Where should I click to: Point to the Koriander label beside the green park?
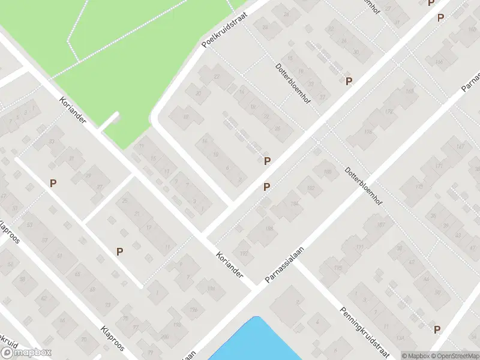coord(73,111)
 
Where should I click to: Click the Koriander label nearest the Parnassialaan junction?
coord(230,263)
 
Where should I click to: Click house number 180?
coord(327,173)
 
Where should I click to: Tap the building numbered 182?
coord(310,188)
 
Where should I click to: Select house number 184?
coord(294,204)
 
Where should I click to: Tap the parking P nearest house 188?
coord(266,187)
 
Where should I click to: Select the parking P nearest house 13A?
coord(267,161)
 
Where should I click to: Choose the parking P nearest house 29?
coord(53,183)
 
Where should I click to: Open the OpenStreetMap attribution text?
coord(455,356)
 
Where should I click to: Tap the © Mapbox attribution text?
coord(415,356)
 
